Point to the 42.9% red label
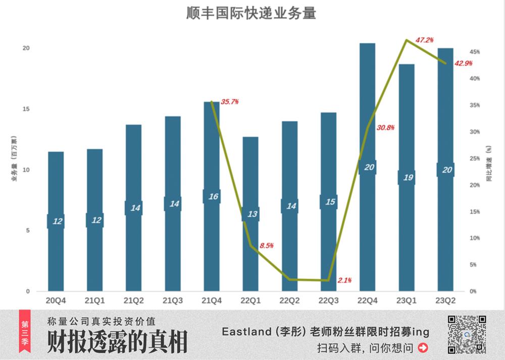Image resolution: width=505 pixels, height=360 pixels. (464, 63)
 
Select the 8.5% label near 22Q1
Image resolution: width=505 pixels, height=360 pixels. (267, 245)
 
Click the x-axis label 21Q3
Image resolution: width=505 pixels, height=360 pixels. (173, 301)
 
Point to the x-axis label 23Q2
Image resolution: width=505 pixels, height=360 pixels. (445, 301)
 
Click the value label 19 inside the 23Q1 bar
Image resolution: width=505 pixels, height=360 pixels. (406, 178)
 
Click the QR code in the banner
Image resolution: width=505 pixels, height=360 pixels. (467, 334)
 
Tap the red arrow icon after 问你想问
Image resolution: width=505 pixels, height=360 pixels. (423, 347)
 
